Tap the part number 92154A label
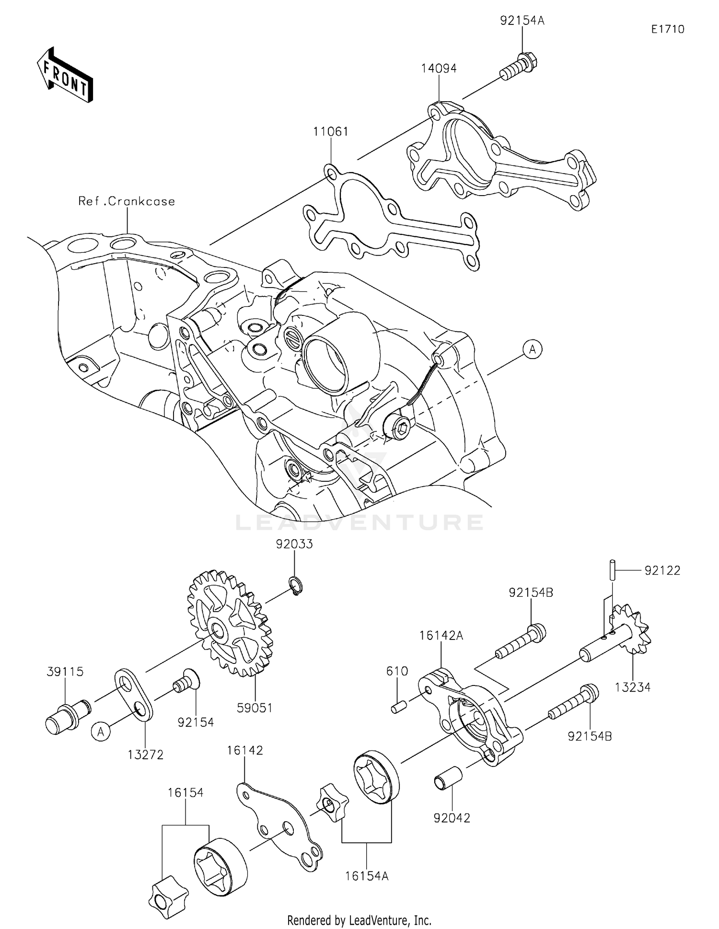tap(522, 21)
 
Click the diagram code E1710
tap(668, 29)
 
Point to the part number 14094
tap(439, 68)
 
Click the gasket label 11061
tap(331, 131)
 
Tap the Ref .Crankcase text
tap(127, 201)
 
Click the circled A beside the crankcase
tap(533, 349)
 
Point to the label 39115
tap(65, 672)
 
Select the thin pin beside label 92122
tap(612, 570)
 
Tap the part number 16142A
tap(441, 635)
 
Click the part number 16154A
tap(367, 876)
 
